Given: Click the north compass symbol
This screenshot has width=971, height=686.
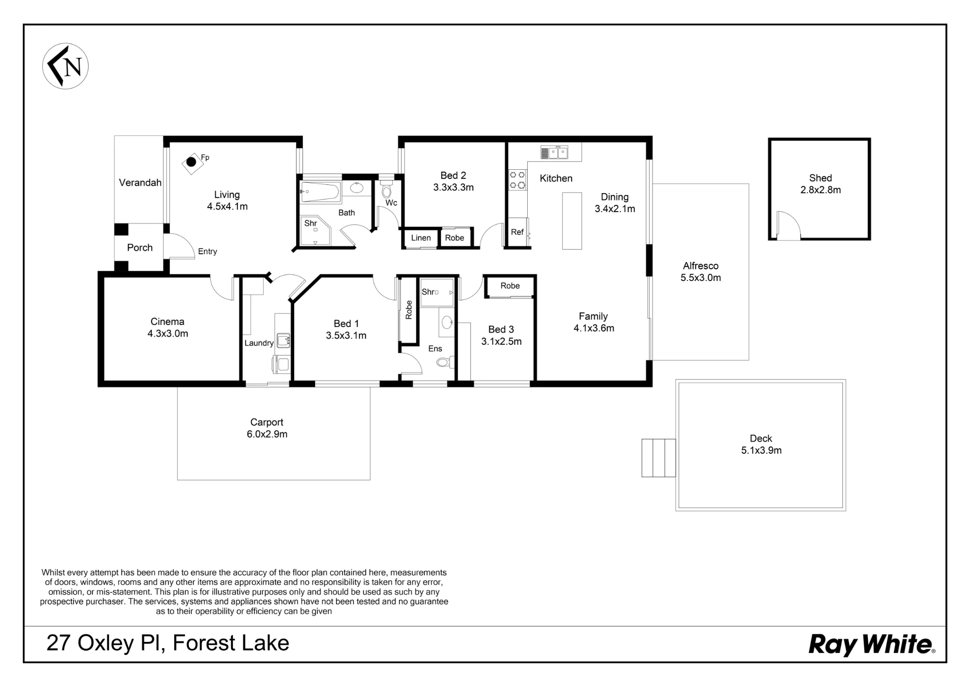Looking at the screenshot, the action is (66, 66).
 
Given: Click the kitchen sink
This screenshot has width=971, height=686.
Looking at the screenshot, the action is (554, 152).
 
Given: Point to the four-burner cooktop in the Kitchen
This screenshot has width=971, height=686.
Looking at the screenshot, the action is (518, 180).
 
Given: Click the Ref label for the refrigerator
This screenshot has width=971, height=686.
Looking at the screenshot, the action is (517, 232).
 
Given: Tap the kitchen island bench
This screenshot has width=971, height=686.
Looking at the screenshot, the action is (572, 221).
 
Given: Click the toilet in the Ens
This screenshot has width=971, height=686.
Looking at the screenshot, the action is (445, 362).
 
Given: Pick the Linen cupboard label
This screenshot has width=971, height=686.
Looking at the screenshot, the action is (421, 238).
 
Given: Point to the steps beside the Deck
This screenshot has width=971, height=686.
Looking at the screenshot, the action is (658, 458).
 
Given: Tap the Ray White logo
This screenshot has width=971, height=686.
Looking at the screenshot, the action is (872, 645).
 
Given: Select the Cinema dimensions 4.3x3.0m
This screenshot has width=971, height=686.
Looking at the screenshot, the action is (167, 334).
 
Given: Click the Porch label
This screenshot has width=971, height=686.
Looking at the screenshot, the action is (140, 248).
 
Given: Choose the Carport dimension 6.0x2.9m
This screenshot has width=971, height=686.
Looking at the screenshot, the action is (267, 434).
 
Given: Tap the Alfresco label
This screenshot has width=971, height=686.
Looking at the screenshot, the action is (701, 266).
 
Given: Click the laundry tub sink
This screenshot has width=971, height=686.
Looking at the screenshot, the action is (283, 340).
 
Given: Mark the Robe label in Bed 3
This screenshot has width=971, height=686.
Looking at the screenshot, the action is (510, 286).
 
